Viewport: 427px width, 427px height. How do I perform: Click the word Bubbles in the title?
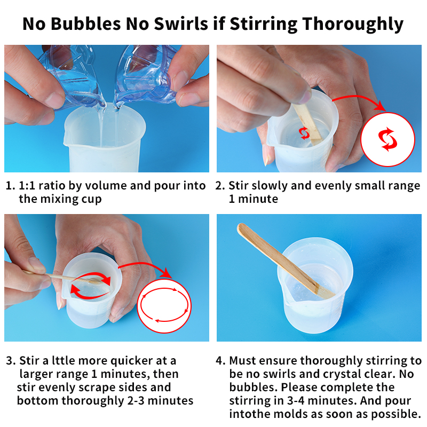point(85,23)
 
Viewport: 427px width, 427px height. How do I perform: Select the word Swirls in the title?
point(181,23)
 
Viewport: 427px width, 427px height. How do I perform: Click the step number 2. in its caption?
point(220,186)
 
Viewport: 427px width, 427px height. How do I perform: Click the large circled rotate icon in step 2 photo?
point(388,139)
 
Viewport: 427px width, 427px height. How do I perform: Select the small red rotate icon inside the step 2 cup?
point(304,133)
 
